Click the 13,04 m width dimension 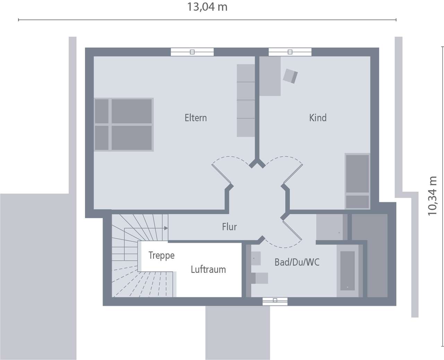207,7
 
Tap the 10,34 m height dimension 433,196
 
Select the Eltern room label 196,118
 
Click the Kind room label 318,118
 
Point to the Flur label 229,227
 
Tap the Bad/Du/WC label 297,262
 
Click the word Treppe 161,256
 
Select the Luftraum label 208,269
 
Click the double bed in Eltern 124,125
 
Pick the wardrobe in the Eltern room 246,101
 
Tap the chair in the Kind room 290,76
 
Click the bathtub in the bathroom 348,271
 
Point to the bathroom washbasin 256,258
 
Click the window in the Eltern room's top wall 192,52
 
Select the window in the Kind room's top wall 290,52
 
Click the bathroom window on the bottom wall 275,301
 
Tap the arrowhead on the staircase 166,228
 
